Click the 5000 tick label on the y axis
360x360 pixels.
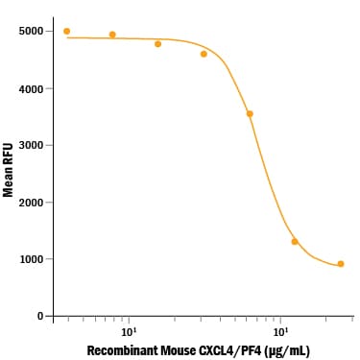tap(31, 32)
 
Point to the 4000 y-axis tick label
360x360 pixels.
tap(31, 88)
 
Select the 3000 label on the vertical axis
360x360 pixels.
tap(31, 145)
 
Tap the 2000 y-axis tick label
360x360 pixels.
tap(31, 203)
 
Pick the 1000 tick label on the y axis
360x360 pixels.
tap(31, 259)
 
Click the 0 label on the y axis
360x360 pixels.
tap(40, 316)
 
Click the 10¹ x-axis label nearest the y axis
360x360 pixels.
tap(128, 331)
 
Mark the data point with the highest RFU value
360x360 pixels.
tap(66, 32)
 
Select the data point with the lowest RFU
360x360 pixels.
tap(341, 264)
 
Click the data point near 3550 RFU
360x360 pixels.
tap(250, 114)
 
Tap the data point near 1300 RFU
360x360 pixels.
tap(295, 242)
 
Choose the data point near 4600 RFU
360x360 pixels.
tap(204, 54)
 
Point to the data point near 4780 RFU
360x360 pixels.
tap(157, 44)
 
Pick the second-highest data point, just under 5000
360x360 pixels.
tap(112, 35)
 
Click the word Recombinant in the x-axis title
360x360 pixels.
tap(122, 350)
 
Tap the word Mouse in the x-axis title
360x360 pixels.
tap(178, 350)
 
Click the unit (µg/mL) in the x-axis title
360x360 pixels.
tap(287, 351)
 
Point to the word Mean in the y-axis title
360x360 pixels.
tap(8, 182)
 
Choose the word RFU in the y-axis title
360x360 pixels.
tap(8, 155)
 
